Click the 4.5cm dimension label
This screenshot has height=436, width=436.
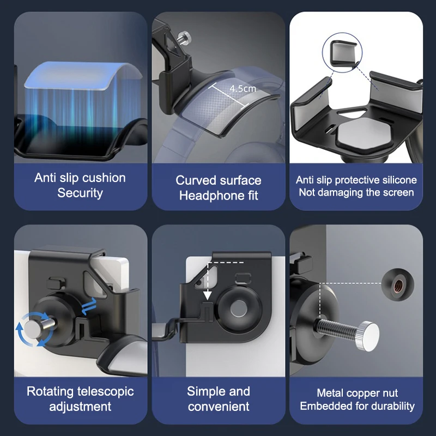243,88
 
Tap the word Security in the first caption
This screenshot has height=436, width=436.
80,193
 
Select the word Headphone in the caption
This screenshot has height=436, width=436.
211,196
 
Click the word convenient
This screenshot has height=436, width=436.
219,407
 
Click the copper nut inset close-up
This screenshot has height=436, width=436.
398,284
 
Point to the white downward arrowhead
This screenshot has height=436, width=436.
207,295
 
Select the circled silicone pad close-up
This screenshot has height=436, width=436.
342,52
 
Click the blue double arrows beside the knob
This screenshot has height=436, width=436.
89,306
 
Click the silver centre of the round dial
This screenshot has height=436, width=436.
239,308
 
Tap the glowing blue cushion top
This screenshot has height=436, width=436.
83,75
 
